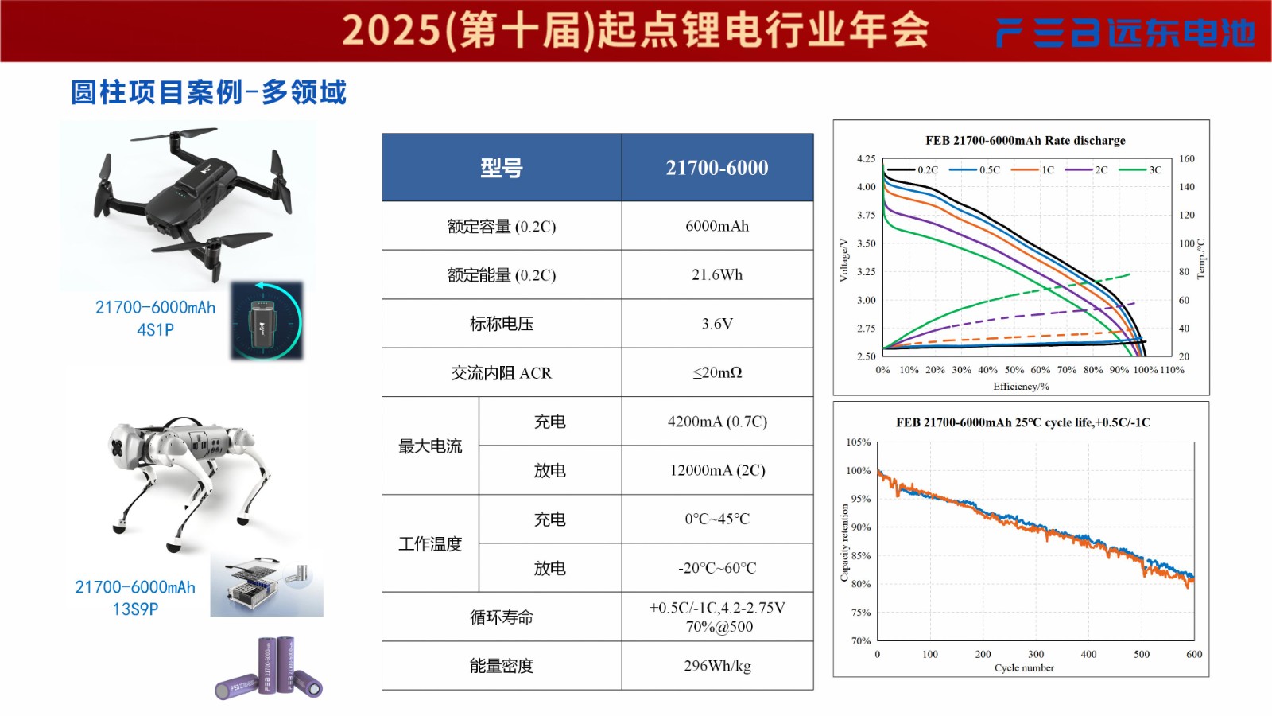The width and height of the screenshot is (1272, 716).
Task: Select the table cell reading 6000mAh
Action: [x=717, y=226]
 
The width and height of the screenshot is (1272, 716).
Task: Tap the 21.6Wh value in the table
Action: [x=717, y=274]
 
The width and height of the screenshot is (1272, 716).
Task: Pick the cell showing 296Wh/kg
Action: [x=717, y=666]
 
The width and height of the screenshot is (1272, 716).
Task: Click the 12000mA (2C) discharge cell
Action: [x=717, y=470]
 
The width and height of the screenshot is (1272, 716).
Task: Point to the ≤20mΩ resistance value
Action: [x=717, y=372]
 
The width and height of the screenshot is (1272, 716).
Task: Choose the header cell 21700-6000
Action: [x=717, y=168]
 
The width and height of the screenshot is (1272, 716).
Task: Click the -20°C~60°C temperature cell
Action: [x=717, y=568]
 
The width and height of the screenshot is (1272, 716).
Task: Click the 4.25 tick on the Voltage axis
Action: [x=866, y=159]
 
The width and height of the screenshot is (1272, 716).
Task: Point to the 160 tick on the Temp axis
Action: [x=1187, y=159]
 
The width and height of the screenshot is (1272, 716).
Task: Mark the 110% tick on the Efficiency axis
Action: [x=1172, y=370]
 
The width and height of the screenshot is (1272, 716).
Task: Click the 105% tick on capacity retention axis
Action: [x=859, y=442]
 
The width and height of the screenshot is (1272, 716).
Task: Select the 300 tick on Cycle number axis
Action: [x=1036, y=654]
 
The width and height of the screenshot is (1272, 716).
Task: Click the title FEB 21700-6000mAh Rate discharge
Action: [x=1026, y=141]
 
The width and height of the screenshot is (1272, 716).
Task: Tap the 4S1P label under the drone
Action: [x=155, y=329]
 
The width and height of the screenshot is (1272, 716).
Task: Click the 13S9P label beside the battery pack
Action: [x=135, y=609]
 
